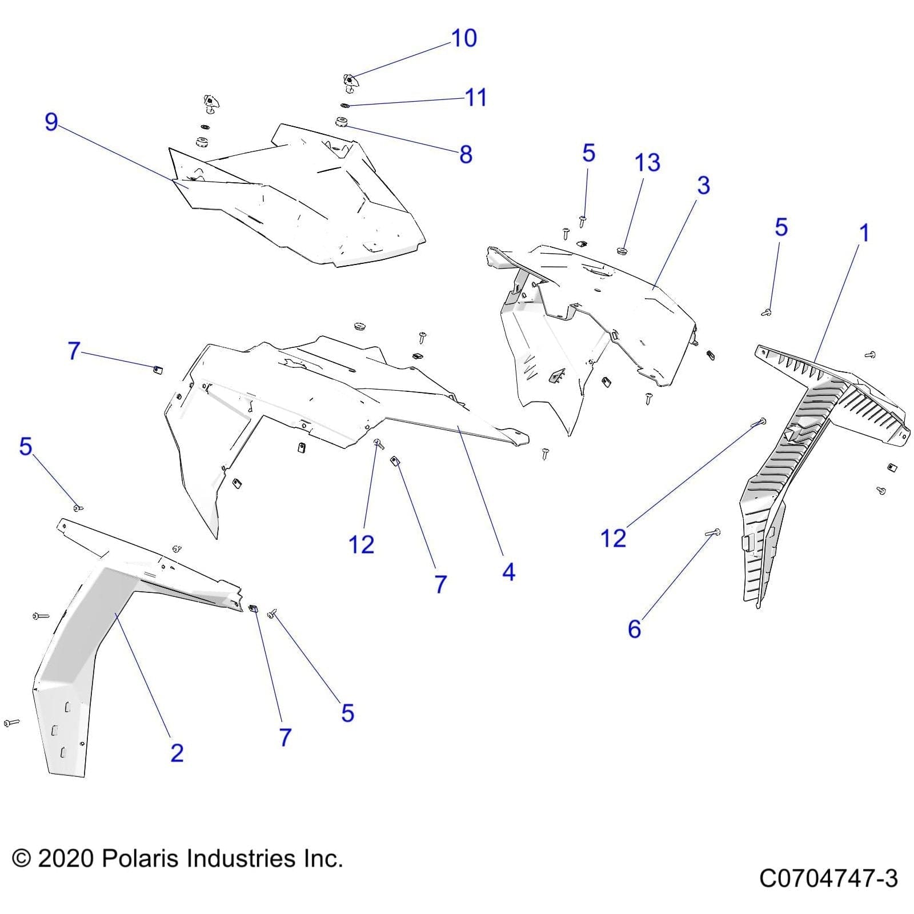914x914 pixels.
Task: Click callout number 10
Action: [464, 38]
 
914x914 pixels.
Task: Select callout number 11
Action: [475, 98]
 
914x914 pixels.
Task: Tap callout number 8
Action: [466, 154]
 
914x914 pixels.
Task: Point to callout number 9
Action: [51, 122]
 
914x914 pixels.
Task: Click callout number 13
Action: [647, 163]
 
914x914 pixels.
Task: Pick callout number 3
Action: [703, 185]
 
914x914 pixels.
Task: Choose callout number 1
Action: [864, 233]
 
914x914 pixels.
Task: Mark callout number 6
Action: [634, 629]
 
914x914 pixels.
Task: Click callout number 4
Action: [508, 572]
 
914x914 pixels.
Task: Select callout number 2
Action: [177, 753]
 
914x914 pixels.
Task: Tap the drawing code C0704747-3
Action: [828, 878]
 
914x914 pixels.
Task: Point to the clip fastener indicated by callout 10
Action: [350, 82]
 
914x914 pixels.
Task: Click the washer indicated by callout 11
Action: [344, 105]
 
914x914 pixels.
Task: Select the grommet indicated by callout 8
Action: [342, 121]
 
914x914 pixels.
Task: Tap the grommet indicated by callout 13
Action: [622, 250]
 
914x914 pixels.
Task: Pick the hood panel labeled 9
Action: [308, 200]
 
